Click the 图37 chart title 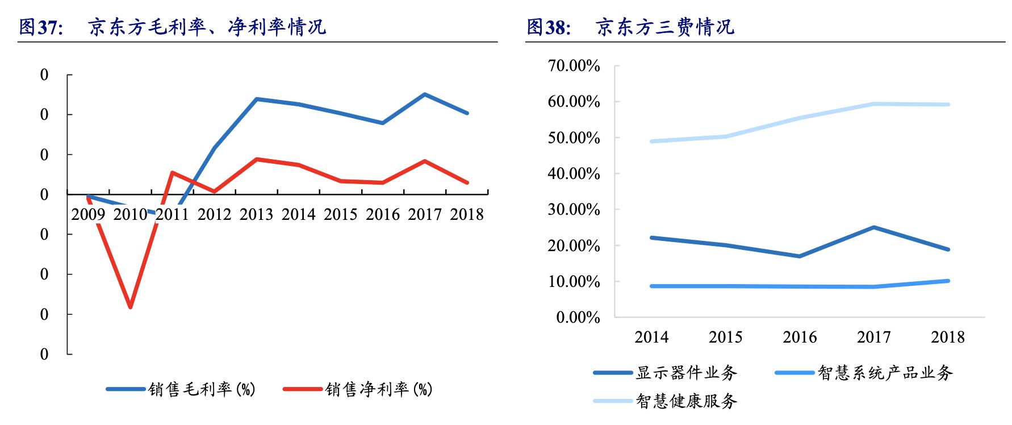click(x=173, y=27)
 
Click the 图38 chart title click(x=630, y=27)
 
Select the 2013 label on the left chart click(x=256, y=214)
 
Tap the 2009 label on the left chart click(x=88, y=214)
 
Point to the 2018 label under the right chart click(x=947, y=337)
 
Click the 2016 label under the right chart click(x=800, y=337)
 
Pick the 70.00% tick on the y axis click(x=574, y=66)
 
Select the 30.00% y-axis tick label click(x=574, y=210)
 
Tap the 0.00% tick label click(x=578, y=318)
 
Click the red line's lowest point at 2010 click(x=131, y=307)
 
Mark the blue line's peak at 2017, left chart click(x=425, y=94)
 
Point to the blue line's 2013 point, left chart click(x=257, y=99)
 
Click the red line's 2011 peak click(x=172, y=172)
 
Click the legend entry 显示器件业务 click(x=686, y=373)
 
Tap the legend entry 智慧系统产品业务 click(x=885, y=373)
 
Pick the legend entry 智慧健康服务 click(x=686, y=401)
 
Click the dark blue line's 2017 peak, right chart click(x=873, y=227)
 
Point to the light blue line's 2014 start click(x=652, y=141)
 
